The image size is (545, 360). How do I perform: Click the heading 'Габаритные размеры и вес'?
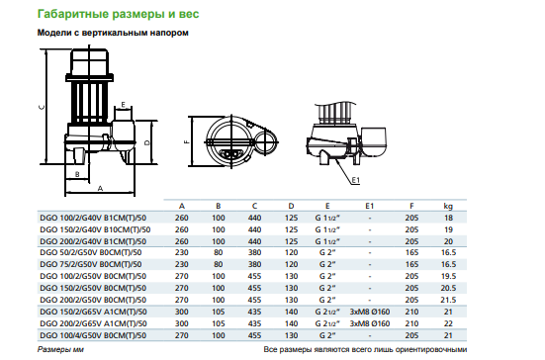coord(118,14)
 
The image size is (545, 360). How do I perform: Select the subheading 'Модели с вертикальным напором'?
coord(113,33)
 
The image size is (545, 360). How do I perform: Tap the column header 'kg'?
coord(448,206)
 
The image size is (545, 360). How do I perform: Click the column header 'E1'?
coord(370,206)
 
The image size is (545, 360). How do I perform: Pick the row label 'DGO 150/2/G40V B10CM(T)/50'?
coord(95,229)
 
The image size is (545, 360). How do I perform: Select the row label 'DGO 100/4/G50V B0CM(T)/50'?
coord(93,335)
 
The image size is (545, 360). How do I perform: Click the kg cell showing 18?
coord(448,218)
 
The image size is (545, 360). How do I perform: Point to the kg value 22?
coord(448,323)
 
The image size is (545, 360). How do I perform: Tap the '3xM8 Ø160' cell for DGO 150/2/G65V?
coord(370,312)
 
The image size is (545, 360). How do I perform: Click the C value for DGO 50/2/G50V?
coord(254,252)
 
